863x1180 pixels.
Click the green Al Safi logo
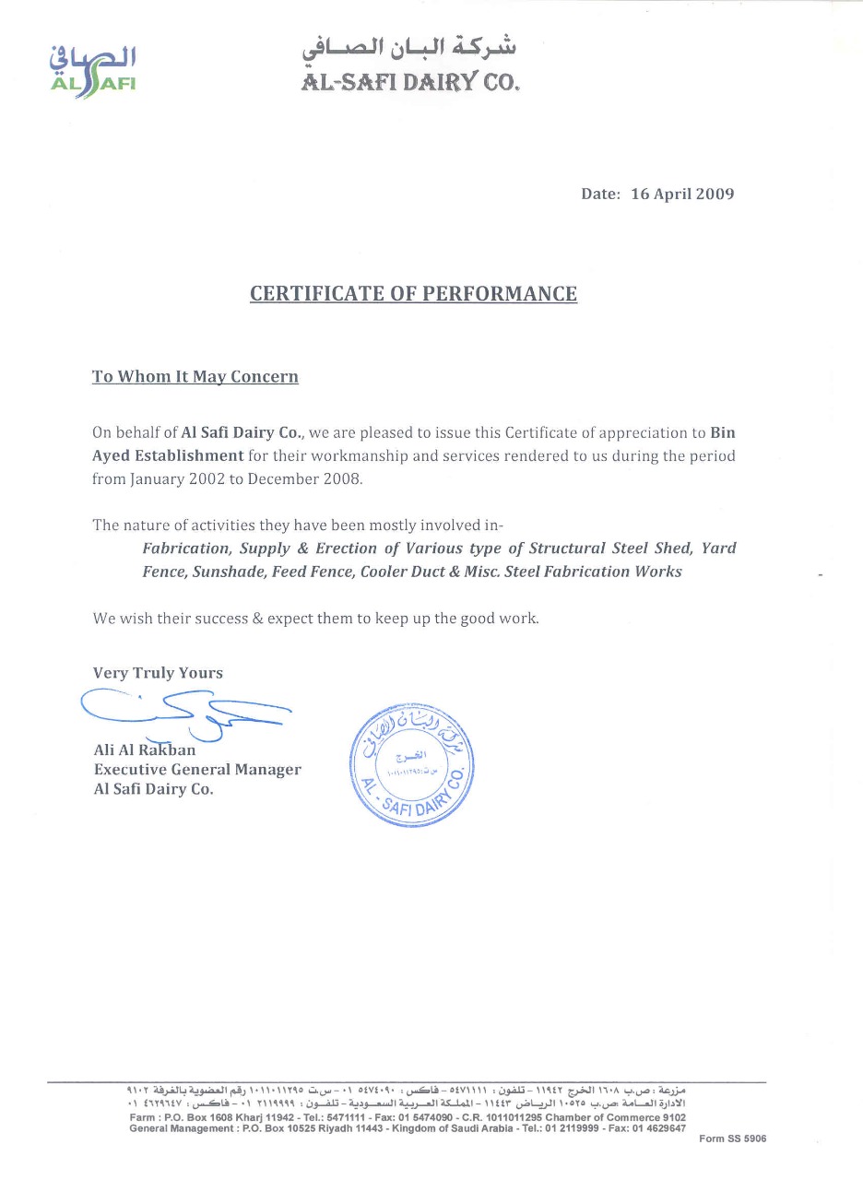click(92, 70)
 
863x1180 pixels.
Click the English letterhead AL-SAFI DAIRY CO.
click(411, 82)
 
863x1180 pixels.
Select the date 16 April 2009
click(682, 194)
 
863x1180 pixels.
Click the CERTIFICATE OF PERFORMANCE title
click(414, 294)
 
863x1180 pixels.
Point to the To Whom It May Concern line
click(195, 377)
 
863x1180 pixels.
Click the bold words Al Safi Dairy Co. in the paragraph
click(242, 431)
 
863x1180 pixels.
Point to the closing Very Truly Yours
click(158, 673)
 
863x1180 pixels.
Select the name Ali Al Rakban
click(145, 749)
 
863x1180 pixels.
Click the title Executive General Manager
click(197, 770)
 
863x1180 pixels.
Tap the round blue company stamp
click(414, 763)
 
